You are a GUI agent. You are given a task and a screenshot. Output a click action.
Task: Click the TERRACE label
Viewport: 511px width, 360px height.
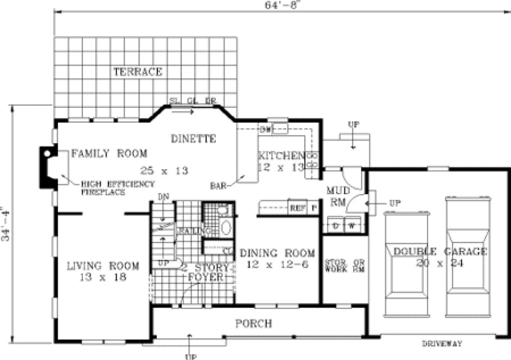click(137, 72)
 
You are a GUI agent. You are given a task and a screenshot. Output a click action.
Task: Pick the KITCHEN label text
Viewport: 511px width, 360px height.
click(279, 154)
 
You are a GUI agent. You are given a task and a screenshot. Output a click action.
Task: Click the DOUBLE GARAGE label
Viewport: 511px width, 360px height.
click(440, 252)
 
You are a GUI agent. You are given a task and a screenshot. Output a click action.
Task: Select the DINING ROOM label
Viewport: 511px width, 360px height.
click(277, 253)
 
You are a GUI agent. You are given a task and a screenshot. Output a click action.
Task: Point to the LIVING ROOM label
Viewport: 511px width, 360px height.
click(103, 266)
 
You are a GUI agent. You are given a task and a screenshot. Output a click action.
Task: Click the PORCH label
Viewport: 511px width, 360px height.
click(253, 324)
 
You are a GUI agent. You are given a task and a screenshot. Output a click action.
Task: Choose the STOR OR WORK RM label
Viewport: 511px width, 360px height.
click(344, 266)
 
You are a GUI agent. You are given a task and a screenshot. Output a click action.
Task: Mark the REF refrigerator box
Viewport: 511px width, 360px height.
click(296, 207)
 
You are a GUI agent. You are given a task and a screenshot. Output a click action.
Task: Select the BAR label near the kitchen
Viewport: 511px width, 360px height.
click(217, 185)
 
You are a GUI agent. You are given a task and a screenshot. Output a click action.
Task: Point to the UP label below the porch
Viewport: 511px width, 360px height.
click(189, 356)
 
